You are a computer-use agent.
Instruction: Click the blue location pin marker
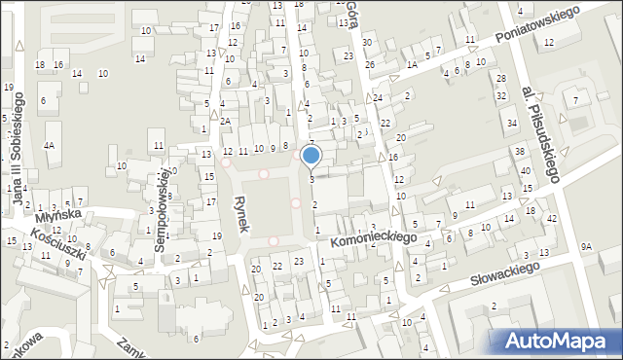tap(311, 157)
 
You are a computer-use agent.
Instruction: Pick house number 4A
tap(49, 145)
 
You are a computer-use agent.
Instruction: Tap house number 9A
tap(586, 247)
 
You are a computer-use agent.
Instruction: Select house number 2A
tap(224, 121)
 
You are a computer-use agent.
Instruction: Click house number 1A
tap(412, 64)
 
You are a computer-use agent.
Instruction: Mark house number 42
tap(551, 219)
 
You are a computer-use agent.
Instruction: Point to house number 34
tap(512, 124)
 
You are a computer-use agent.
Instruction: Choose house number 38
tap(520, 152)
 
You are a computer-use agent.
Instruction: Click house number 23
tap(298, 261)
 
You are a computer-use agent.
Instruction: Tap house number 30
tap(366, 43)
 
